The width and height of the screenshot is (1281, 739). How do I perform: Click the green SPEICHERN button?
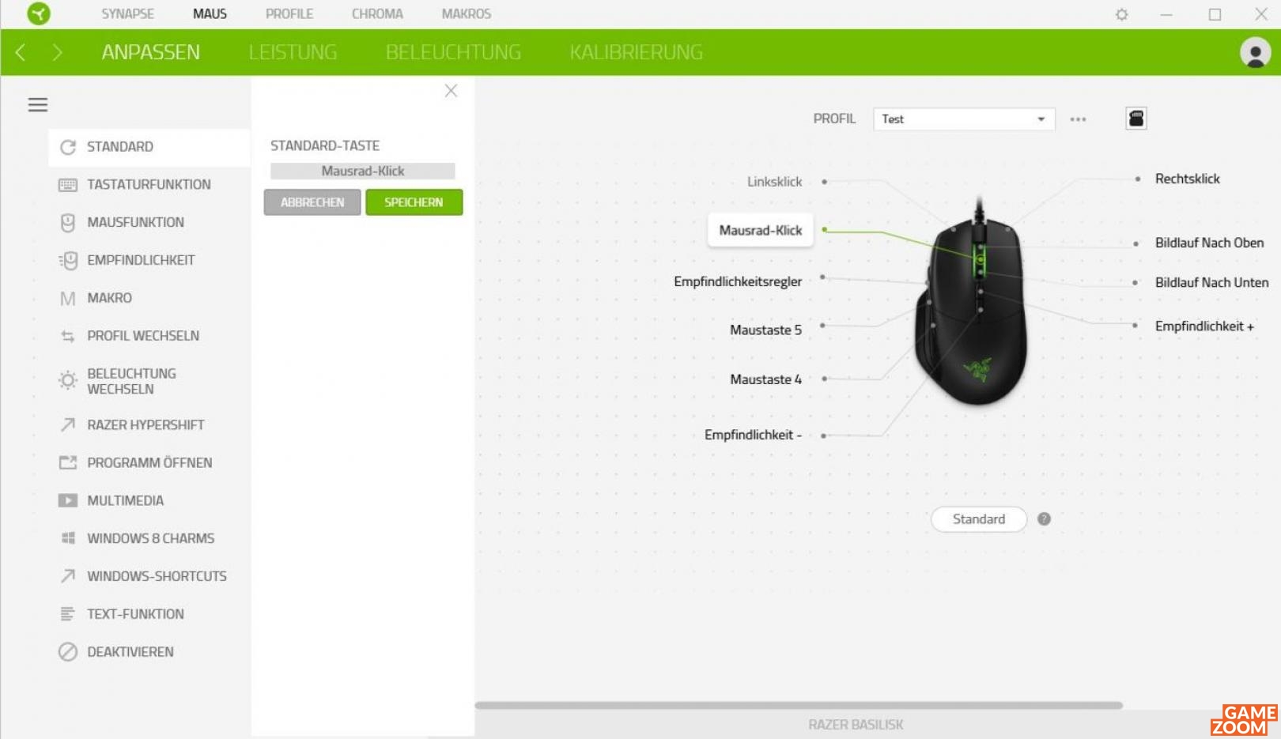[x=414, y=202]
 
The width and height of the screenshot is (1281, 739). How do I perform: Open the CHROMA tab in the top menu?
[x=377, y=13]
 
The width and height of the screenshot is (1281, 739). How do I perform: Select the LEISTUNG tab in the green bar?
[x=293, y=52]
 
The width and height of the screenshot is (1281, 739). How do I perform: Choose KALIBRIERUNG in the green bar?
[x=636, y=52]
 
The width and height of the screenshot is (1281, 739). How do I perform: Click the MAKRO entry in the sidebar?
[x=109, y=298]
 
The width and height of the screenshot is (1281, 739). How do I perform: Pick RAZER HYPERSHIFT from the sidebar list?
[x=145, y=424]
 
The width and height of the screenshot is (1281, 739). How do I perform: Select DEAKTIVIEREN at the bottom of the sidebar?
[x=130, y=651]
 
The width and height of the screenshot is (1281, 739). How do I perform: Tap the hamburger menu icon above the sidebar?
[x=38, y=104]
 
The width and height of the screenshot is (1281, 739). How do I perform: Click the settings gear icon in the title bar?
[x=1121, y=14]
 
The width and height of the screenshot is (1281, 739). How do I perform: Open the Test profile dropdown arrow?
[x=1041, y=119]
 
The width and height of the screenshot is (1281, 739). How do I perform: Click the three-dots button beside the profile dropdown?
[x=1078, y=119]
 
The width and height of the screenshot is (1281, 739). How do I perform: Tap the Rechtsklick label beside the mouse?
[x=1187, y=179]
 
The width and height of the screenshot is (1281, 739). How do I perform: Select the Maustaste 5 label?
[x=765, y=330]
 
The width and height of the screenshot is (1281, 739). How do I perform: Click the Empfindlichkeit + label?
[x=1204, y=326]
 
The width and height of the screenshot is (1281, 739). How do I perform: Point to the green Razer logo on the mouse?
[x=977, y=370]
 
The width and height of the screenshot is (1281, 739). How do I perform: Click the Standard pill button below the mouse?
[x=978, y=519]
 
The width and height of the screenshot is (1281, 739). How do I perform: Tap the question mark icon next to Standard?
[x=1044, y=519]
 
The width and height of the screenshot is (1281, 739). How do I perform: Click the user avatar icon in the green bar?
[x=1255, y=53]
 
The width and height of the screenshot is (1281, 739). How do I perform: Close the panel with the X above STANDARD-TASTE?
[x=451, y=90]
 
